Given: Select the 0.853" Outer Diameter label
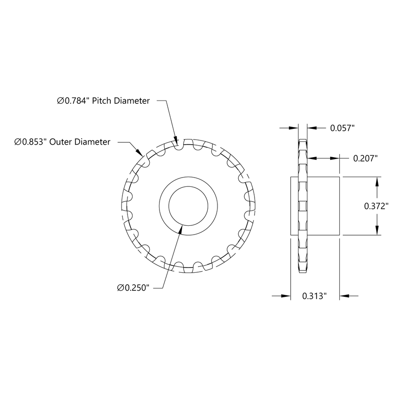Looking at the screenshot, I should [62, 141].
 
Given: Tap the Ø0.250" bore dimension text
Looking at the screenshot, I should [133, 288].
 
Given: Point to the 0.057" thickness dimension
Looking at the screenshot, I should [342, 128].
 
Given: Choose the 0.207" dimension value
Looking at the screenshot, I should [365, 158].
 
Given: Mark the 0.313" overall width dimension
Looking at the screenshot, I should [315, 295].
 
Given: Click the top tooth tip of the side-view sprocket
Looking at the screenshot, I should [302, 140].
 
